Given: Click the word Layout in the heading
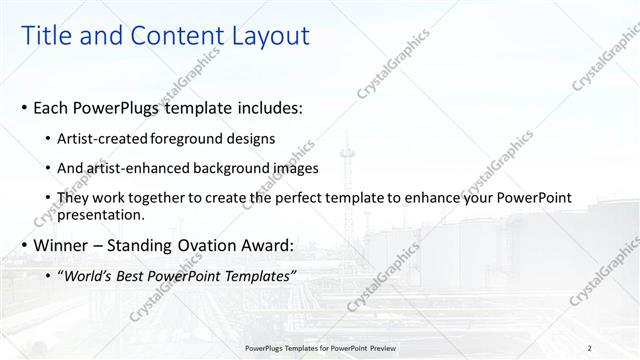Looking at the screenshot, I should click(269, 36).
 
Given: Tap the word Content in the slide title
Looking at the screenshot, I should click(172, 36).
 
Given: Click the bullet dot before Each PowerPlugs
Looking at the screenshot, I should click(24, 107).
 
